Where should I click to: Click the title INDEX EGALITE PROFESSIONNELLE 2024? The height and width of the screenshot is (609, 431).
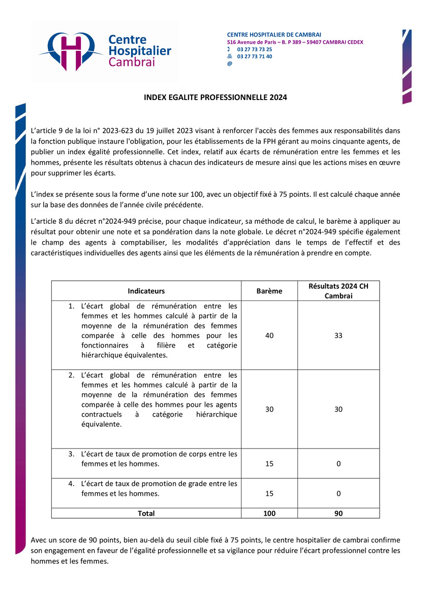215,97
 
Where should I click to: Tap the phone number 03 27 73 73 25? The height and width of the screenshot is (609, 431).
254,49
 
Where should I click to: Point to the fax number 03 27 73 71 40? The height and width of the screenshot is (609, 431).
254,56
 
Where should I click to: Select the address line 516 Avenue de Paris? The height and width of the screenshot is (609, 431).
295,42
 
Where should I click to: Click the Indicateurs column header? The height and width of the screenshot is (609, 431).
146,291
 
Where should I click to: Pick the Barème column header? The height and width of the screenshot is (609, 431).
269,291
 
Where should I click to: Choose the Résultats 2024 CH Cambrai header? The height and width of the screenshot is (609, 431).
338,291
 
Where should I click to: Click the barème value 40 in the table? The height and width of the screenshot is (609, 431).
269,335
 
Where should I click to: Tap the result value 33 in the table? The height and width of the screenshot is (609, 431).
338,335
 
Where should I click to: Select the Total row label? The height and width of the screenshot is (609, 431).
146,513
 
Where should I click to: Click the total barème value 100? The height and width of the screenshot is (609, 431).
269,513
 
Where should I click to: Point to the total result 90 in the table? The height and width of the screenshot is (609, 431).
338,513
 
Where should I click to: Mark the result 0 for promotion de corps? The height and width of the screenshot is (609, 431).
338,464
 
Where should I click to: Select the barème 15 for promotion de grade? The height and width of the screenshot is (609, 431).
269,493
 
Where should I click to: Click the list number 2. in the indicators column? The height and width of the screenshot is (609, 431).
72,376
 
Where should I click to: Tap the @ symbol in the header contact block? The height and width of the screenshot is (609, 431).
229,64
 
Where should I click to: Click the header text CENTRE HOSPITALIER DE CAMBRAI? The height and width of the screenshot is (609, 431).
274,35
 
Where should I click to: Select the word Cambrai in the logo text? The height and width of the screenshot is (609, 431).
132,62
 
